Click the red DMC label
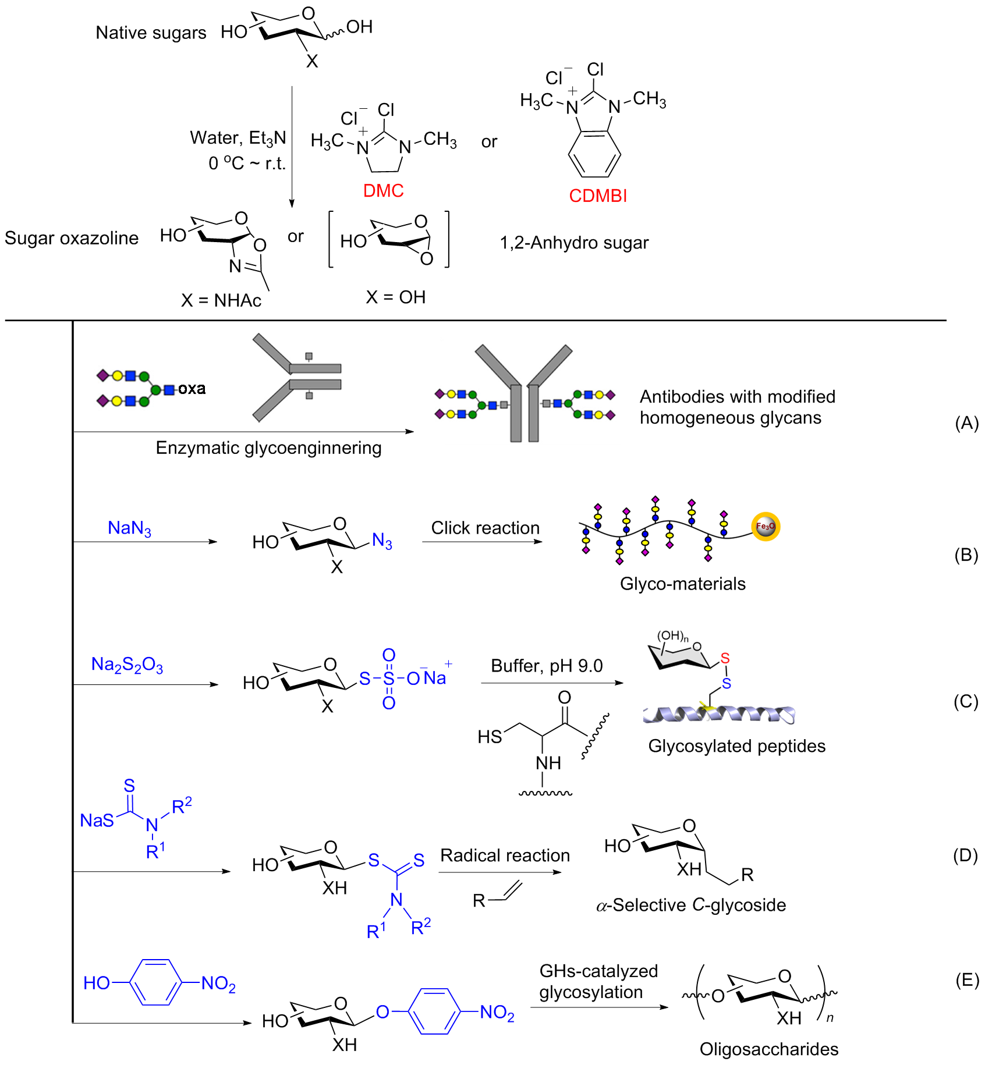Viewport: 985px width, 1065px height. click(x=383, y=191)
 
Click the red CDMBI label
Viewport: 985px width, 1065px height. click(x=598, y=196)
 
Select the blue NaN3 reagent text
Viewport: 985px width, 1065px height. click(x=129, y=528)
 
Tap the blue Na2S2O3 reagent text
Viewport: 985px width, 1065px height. click(x=127, y=665)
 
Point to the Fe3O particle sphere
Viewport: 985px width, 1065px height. click(x=765, y=527)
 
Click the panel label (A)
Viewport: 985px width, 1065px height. click(x=966, y=423)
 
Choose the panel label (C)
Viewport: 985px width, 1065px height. click(x=966, y=701)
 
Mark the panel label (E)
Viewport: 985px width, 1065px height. click(x=967, y=981)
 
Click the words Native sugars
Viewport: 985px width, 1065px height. click(x=151, y=33)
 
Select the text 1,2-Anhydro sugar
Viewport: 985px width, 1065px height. click(x=574, y=243)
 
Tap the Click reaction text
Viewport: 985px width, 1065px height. click(x=485, y=528)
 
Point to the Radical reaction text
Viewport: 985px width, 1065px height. click(x=505, y=855)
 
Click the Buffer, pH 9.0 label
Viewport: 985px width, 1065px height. click(x=547, y=666)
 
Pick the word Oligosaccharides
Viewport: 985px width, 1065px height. click(x=768, y=1049)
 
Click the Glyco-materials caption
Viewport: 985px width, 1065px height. click(x=682, y=584)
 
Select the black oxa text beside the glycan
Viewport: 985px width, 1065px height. click(x=192, y=389)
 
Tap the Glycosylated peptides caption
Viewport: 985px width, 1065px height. click(x=736, y=746)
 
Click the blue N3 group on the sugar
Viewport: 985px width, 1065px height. click(x=382, y=541)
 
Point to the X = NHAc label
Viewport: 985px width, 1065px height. click(x=221, y=300)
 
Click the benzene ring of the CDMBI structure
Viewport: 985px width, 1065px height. click(x=594, y=154)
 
